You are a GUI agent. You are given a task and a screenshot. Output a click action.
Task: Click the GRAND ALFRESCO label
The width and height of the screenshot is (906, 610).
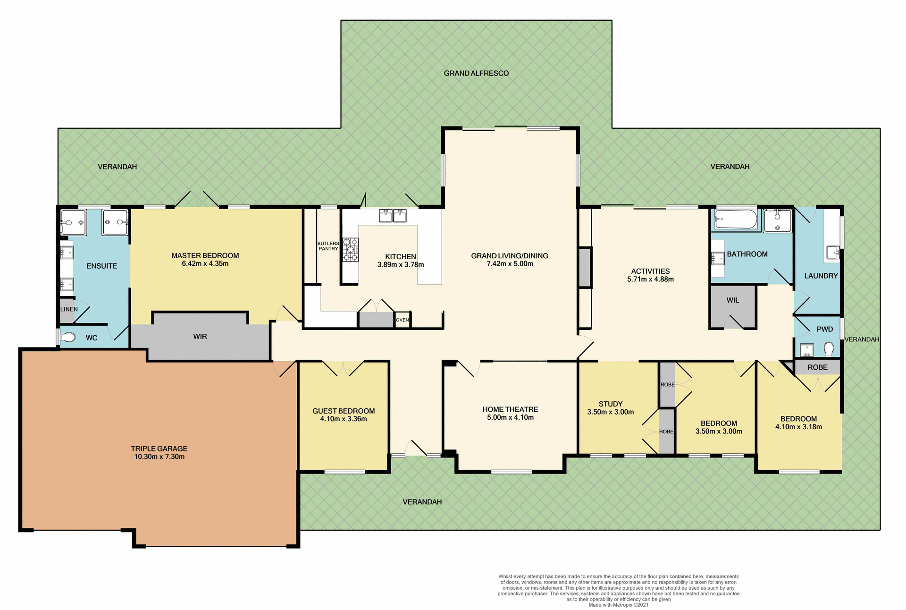476,73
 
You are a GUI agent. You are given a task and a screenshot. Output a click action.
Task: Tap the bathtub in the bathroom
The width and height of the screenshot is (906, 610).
736,219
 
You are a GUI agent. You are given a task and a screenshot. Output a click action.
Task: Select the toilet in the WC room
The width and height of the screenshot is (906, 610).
69,337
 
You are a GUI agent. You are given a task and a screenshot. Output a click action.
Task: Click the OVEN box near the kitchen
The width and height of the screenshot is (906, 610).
403,320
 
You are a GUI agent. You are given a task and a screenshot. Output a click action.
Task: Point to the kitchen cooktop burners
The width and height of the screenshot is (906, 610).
350,250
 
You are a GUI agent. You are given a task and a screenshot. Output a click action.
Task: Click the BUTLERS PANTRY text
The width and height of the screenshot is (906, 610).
328,246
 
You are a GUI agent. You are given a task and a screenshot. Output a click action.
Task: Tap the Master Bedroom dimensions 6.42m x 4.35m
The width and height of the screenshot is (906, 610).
205,264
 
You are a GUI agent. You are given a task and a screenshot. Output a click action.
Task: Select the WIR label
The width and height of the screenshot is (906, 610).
200,337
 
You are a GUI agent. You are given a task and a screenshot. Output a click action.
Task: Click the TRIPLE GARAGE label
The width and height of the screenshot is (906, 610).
159,449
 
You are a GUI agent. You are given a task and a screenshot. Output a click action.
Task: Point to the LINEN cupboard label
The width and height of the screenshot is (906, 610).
69,309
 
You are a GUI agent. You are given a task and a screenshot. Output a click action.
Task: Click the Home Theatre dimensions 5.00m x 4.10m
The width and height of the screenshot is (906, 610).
510,418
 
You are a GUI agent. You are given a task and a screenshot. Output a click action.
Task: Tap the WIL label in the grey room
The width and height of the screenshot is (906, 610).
733,300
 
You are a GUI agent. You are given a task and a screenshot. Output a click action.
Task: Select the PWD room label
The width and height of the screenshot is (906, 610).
825,329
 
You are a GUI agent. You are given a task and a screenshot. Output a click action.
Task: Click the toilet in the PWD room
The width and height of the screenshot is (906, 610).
829,349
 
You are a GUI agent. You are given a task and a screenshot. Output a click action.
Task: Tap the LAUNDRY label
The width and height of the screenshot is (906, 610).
821,276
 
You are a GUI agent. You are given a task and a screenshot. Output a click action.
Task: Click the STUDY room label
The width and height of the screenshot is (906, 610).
611,404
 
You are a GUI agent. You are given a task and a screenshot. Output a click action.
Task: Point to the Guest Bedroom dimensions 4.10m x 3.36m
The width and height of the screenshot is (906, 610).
344,419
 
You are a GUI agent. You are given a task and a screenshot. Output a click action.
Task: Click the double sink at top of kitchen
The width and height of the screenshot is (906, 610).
393,216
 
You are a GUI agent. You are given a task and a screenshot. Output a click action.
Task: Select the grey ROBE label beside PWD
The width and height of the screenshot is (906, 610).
817,367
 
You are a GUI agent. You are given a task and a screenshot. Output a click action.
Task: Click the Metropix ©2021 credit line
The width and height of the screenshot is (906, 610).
618,605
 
